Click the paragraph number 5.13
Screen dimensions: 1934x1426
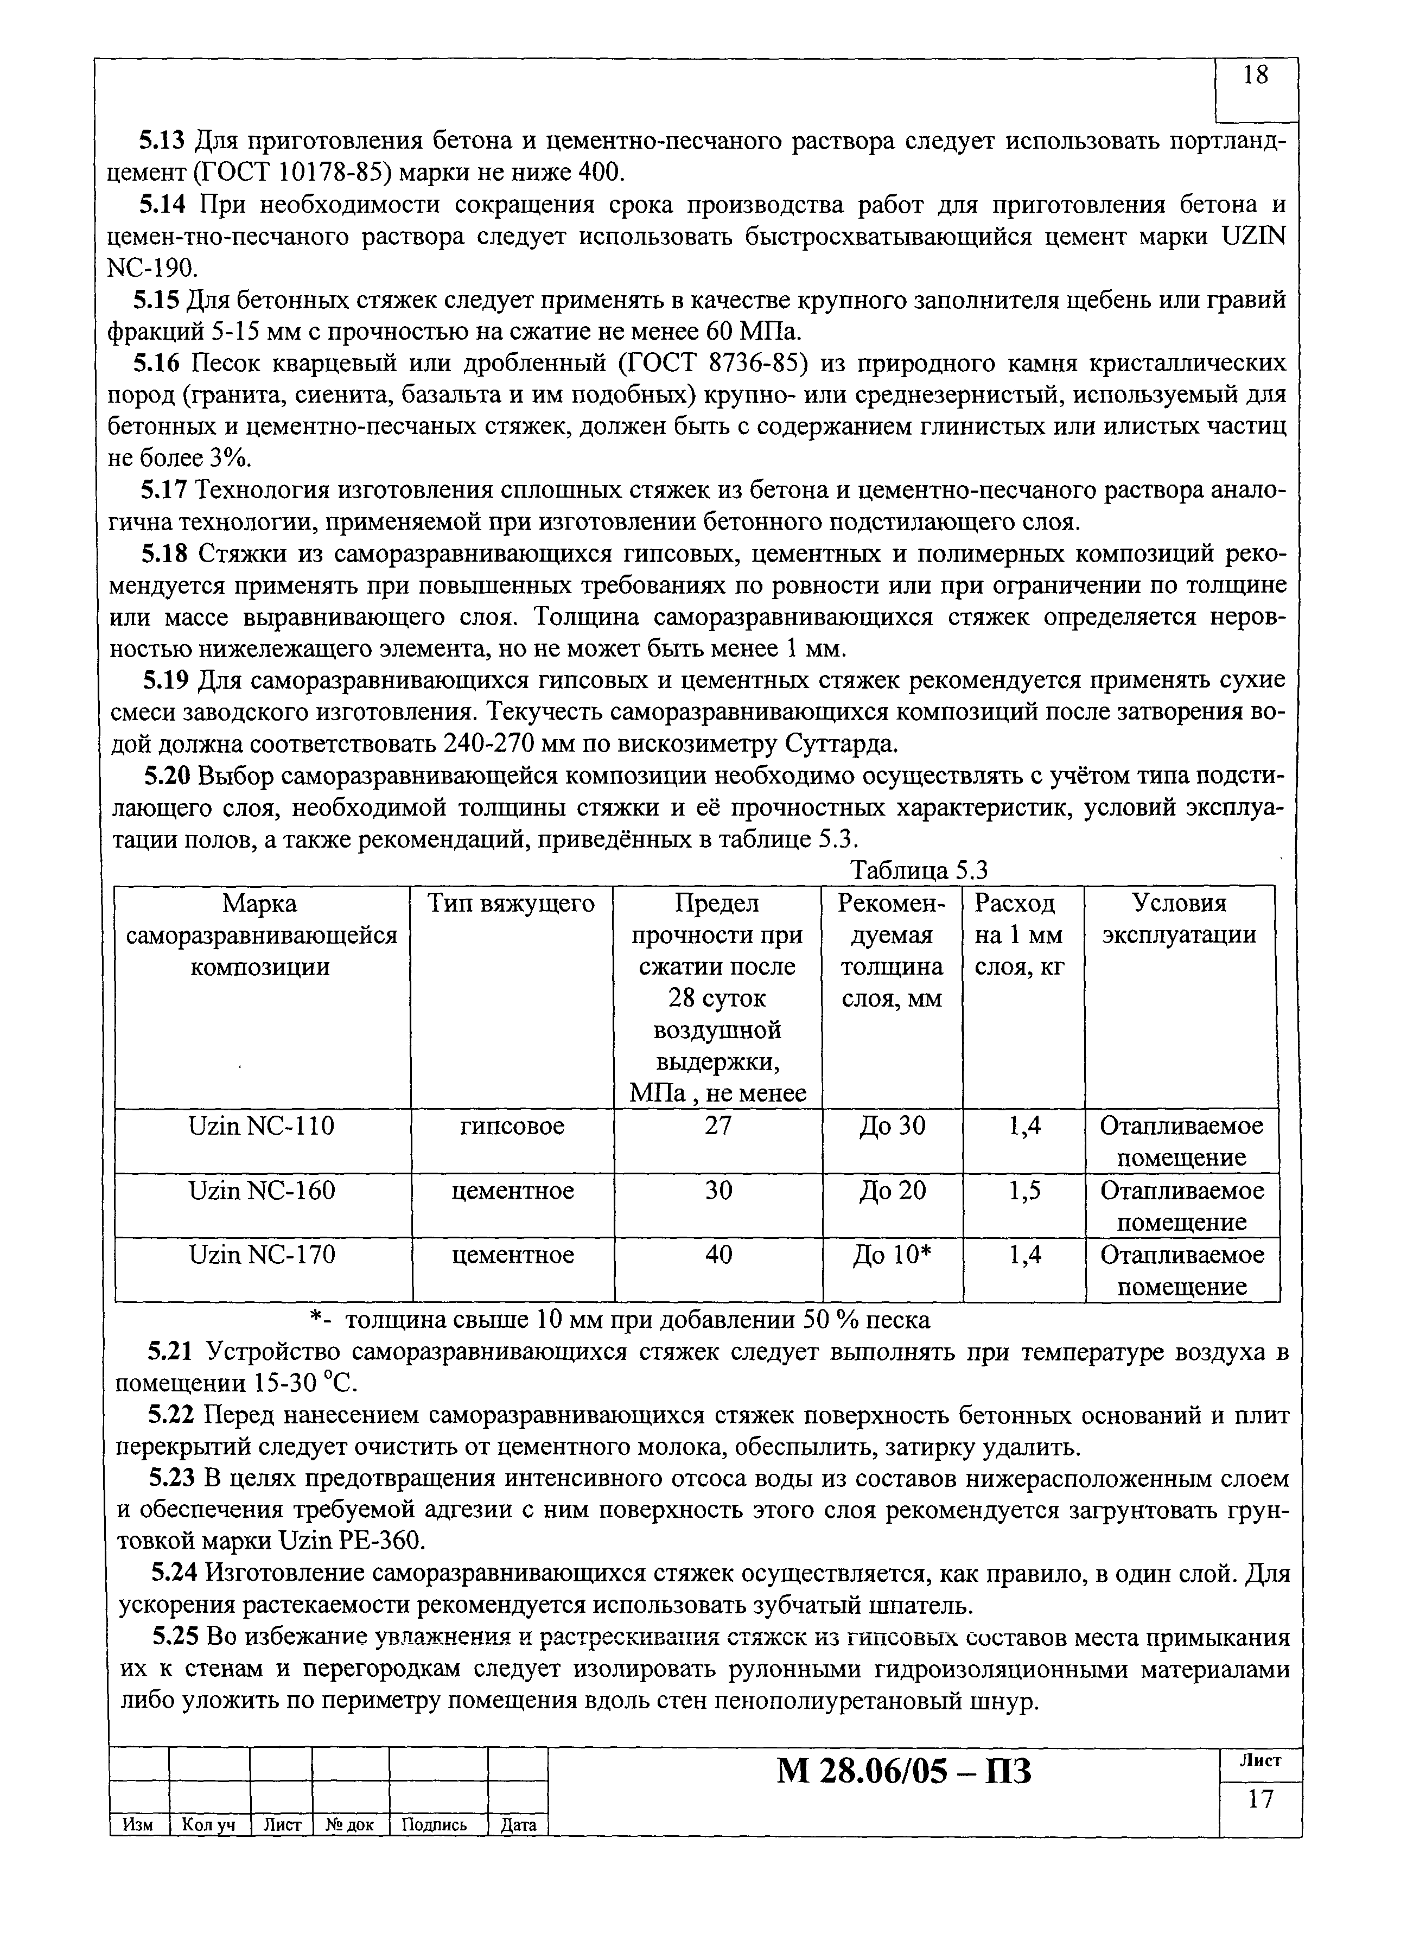(x=162, y=141)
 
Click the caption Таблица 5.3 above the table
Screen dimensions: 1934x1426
(x=919, y=871)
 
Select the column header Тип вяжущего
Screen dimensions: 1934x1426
(x=512, y=904)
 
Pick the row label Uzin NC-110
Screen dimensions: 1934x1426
(x=262, y=1125)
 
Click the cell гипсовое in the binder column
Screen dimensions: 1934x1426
(x=512, y=1125)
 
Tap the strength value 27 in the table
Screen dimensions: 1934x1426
(x=717, y=1125)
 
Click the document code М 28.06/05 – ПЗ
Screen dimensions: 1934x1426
(x=904, y=1772)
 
